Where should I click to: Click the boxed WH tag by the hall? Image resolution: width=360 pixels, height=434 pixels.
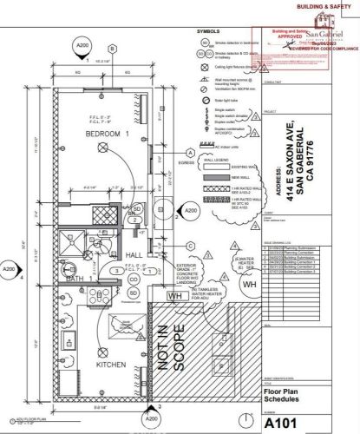click(173, 296)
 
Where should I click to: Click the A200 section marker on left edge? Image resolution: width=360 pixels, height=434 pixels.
click(8, 269)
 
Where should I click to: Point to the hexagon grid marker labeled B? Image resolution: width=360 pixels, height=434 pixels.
click(111, 49)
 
